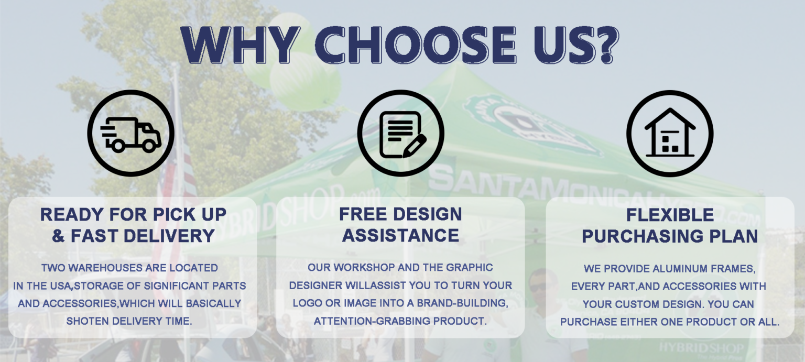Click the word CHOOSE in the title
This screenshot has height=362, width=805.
[416, 45]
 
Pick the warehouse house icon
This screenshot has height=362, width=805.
[670, 133]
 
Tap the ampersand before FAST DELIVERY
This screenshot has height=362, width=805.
[58, 236]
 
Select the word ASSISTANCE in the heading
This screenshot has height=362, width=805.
[401, 236]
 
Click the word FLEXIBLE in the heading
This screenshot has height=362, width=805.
[670, 215]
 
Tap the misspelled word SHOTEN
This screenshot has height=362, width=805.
[88, 321]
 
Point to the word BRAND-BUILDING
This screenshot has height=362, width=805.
[463, 303]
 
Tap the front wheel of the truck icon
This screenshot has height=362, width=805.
[149, 146]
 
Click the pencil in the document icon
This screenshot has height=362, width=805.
[415, 146]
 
